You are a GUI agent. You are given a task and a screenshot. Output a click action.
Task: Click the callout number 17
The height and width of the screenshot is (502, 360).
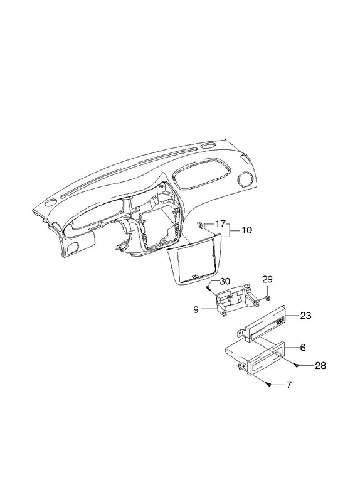[x=220, y=223]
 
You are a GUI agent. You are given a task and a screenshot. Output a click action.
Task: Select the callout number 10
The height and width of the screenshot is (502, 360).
[x=246, y=230]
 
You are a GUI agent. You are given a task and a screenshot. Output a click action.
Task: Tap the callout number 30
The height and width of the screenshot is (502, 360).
[x=225, y=281]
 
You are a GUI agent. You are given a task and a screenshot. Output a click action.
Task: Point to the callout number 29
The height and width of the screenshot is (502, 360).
[x=267, y=279]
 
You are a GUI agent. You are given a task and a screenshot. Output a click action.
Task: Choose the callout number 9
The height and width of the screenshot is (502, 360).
[x=196, y=310]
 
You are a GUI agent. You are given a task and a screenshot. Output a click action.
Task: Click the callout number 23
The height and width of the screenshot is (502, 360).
[x=305, y=316]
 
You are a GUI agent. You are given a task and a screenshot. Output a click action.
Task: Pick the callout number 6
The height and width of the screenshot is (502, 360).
[x=303, y=348]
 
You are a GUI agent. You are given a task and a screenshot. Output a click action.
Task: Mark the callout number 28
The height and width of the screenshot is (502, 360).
[x=320, y=366]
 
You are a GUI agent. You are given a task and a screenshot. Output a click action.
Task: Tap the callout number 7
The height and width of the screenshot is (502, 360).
[x=289, y=385]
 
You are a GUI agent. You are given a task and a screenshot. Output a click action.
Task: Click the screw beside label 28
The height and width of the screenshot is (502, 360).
[x=297, y=366]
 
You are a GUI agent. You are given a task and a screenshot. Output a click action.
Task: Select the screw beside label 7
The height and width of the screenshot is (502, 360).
[x=270, y=385]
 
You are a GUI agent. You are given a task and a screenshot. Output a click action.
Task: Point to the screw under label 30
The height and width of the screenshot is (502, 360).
[x=208, y=289]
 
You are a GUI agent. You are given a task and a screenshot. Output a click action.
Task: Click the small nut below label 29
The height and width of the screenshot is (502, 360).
[x=267, y=299]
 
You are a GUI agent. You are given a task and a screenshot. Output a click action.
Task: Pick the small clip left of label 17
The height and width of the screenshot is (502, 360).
[x=201, y=225]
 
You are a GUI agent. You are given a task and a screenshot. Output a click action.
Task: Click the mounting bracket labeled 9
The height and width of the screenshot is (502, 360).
[x=237, y=300]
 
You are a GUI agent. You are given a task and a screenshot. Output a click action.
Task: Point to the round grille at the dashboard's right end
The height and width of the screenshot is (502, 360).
[x=245, y=179]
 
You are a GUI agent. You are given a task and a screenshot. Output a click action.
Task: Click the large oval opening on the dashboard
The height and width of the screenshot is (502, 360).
[x=201, y=174]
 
